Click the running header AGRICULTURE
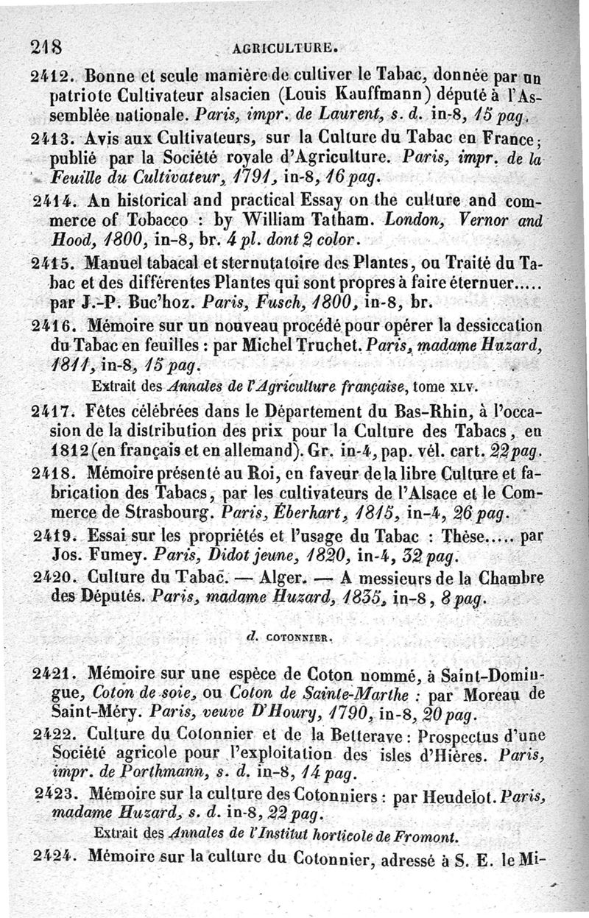[284, 50]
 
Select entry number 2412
[52, 77]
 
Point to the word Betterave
[350, 735]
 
